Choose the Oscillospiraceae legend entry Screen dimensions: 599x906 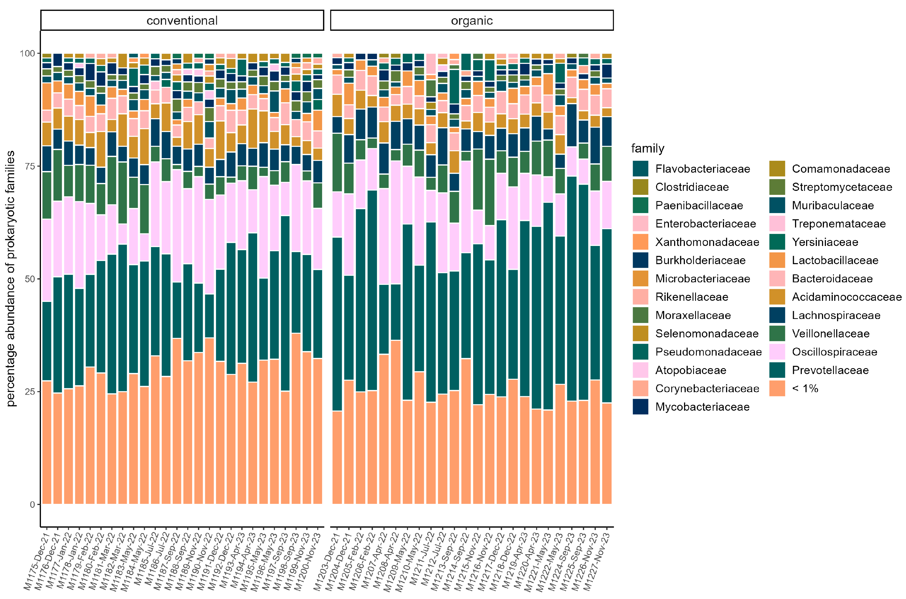point(834,352)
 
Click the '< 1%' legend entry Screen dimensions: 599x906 point(805,389)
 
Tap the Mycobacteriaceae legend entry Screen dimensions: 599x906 point(702,407)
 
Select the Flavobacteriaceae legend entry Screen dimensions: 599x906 point(702,169)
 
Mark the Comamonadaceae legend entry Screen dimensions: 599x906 point(841,169)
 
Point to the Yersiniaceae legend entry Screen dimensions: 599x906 point(825,242)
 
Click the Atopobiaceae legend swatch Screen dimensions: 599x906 point(640,370)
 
